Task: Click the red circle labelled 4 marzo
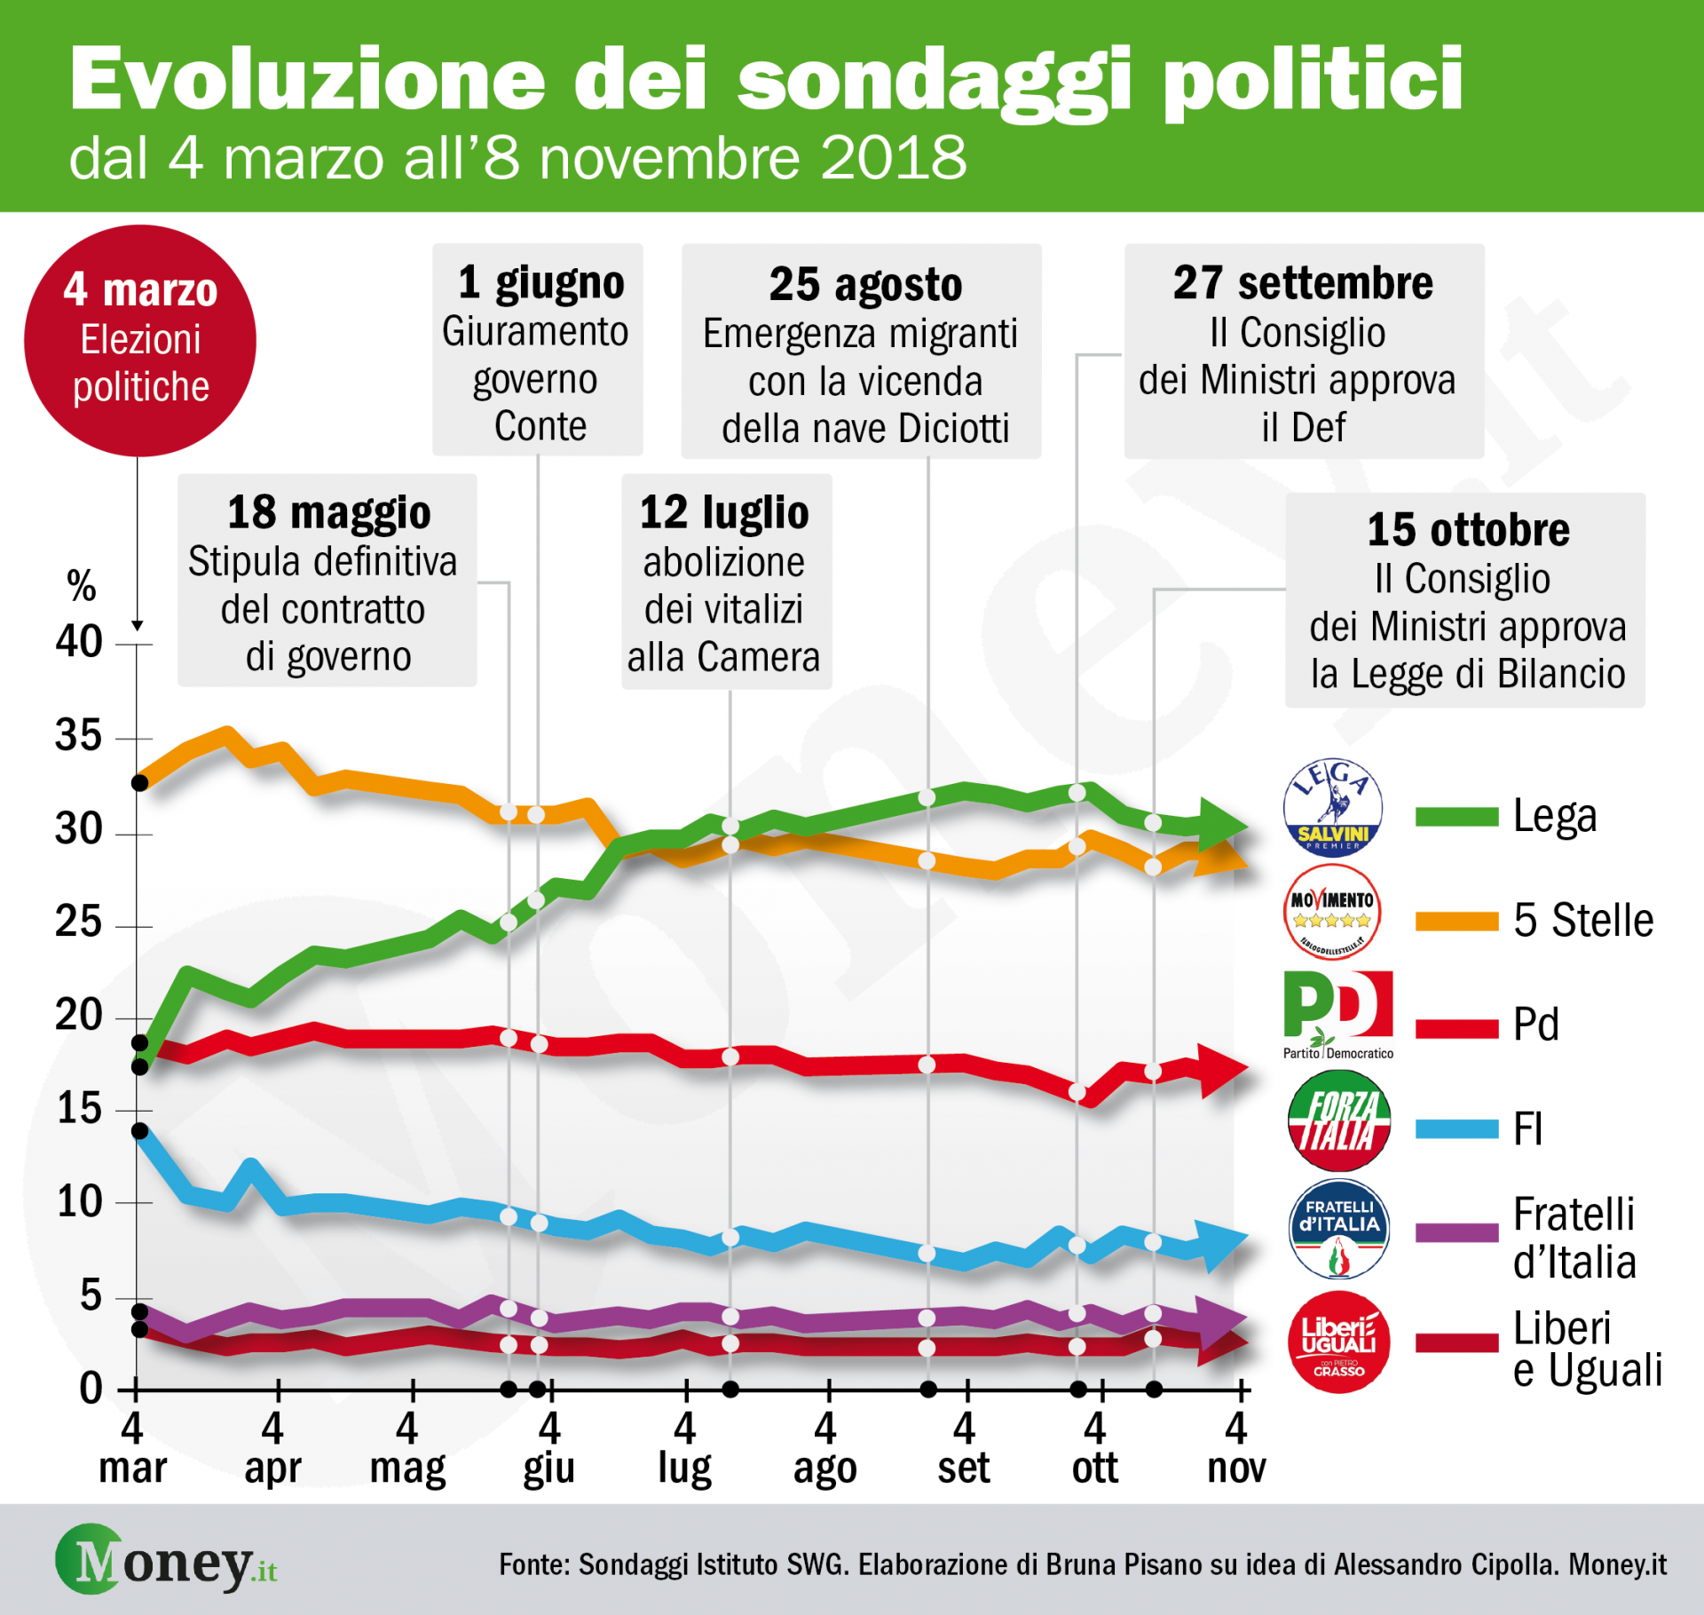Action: click(x=140, y=341)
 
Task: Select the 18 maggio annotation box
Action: click(x=327, y=581)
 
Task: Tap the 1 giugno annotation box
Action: click(x=537, y=350)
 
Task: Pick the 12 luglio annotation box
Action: click(x=726, y=582)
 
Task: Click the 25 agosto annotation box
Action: click(x=861, y=352)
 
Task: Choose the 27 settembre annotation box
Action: click(x=1303, y=352)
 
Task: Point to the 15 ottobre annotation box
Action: click(x=1464, y=600)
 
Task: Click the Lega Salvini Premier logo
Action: click(x=1332, y=806)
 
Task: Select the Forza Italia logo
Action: click(x=1338, y=1121)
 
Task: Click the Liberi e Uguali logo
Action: click(x=1338, y=1342)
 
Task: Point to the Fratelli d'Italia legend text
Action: click(x=1574, y=1238)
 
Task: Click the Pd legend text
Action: click(x=1535, y=1025)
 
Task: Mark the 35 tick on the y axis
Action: click(x=78, y=736)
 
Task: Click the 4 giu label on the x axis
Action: click(x=549, y=1448)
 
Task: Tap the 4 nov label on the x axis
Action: click(x=1235, y=1448)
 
